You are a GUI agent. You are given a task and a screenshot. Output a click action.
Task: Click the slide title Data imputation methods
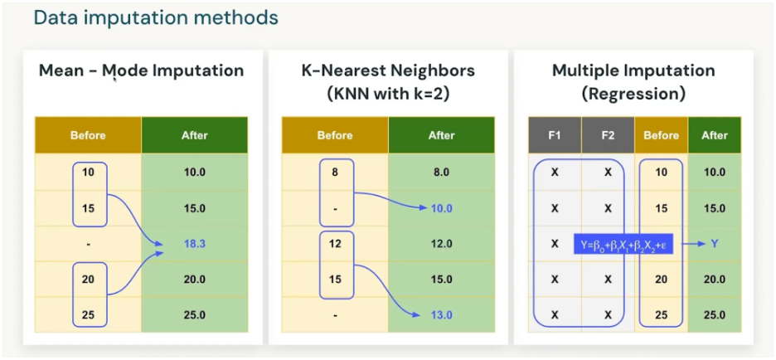coord(156,17)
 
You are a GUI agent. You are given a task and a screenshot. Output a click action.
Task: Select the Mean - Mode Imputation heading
coord(141,71)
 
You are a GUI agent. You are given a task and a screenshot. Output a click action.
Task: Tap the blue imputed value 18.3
coord(194,245)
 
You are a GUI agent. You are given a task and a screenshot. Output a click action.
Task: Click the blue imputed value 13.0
coord(441,315)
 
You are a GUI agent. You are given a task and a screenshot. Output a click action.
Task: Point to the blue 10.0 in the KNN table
coord(441,209)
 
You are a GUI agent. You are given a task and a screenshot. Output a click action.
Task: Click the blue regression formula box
coord(631,245)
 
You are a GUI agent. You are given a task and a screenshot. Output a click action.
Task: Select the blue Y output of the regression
coord(714,245)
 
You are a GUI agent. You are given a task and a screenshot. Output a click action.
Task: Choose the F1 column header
coord(555,135)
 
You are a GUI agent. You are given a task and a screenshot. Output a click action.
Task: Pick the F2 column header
coord(608,135)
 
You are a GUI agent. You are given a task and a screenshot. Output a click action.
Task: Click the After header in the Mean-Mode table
coord(194,135)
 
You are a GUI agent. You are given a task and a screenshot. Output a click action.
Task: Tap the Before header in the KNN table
coord(335,135)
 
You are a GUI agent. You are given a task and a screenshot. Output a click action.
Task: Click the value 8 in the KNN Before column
coord(335,173)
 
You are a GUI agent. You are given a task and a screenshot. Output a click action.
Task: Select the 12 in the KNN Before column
coord(335,245)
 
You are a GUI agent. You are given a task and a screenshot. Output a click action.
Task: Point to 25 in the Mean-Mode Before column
coord(88,315)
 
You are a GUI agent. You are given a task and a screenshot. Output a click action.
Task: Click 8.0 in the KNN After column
coord(441,173)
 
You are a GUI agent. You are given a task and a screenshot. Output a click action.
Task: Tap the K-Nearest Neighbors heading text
coord(387,71)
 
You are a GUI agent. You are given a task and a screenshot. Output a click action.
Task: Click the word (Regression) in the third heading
coord(633,94)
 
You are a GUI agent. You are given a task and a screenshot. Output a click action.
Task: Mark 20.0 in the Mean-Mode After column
coord(194,280)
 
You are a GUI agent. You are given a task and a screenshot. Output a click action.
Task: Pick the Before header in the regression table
coord(661,135)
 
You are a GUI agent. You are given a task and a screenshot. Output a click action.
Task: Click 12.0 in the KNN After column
coord(441,245)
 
